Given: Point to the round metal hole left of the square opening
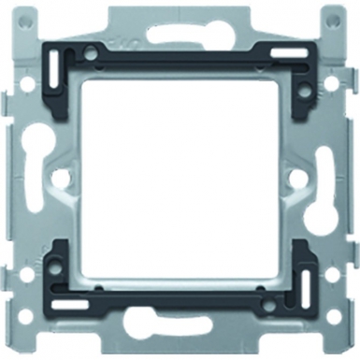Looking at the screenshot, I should coord(63,175).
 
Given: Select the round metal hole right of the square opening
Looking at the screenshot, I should coord(296,175).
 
